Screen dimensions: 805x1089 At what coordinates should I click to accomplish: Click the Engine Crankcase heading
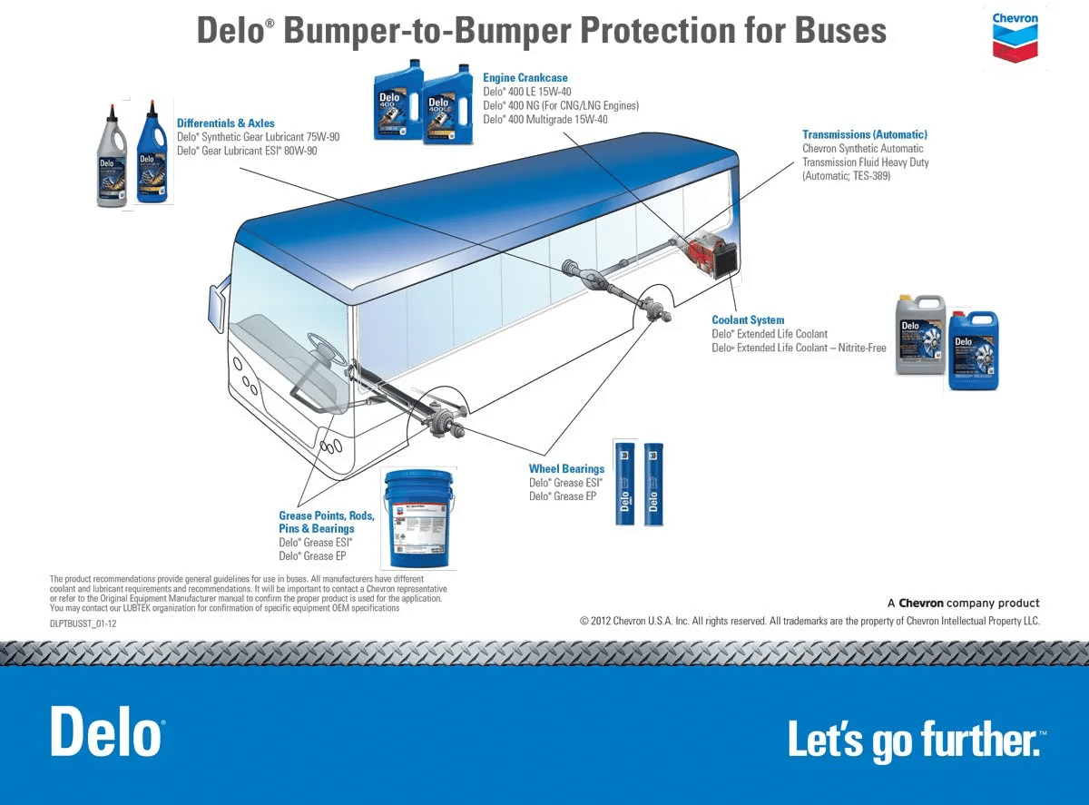coord(525,78)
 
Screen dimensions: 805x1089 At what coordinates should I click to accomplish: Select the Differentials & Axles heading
coord(226,123)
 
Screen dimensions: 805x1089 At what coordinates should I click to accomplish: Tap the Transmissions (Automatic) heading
coord(865,135)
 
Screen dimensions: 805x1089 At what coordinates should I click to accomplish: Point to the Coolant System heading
coord(748,320)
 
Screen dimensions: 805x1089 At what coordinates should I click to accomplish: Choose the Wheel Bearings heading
coord(566,469)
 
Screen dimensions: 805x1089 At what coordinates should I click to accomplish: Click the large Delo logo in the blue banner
coord(107,731)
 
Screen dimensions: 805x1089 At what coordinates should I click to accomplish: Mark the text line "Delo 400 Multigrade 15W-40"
coord(544,120)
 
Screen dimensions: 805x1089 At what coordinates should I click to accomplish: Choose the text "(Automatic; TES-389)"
coord(846,176)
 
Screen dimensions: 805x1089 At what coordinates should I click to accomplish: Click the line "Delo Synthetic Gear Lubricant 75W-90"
coord(258,137)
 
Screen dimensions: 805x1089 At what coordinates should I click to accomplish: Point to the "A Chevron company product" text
coord(963,604)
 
